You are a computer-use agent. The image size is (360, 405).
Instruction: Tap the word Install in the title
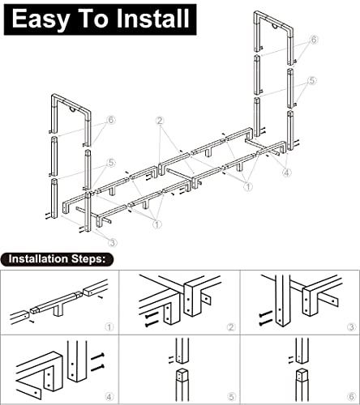click(152, 18)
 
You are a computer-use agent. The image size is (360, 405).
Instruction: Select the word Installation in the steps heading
click(38, 258)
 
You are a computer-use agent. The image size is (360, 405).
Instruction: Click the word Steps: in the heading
click(88, 259)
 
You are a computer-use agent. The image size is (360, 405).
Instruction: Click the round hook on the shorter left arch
click(73, 109)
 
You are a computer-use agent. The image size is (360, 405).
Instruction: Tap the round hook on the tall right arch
click(275, 27)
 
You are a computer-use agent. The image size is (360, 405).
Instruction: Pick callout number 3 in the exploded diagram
click(113, 242)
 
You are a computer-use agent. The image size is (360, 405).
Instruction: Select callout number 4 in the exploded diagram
click(287, 172)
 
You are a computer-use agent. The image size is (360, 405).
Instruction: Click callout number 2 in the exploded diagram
click(160, 121)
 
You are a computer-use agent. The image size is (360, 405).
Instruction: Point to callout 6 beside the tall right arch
click(314, 40)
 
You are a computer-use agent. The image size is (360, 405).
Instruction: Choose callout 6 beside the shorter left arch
click(111, 120)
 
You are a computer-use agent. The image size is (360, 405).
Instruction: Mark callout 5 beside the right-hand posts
click(312, 80)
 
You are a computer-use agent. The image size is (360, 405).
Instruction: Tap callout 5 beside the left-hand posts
click(111, 163)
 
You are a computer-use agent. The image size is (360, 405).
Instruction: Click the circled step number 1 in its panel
click(109, 327)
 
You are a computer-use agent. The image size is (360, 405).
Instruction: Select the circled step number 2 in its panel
click(231, 327)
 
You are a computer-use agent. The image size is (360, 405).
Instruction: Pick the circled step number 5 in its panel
click(231, 397)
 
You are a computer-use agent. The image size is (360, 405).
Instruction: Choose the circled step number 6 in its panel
click(351, 396)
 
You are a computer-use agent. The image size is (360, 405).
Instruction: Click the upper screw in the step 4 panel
click(97, 356)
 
